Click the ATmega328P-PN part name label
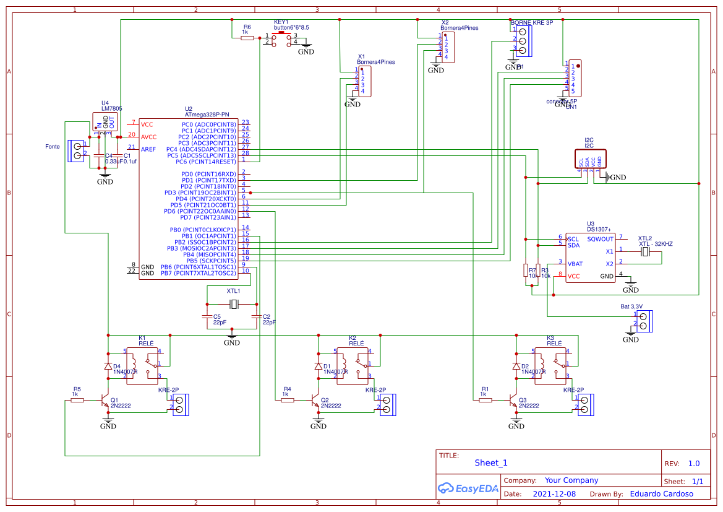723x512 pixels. (x=207, y=115)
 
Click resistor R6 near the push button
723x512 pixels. (x=247, y=38)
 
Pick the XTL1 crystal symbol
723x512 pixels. (x=233, y=304)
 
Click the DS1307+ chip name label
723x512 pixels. (x=599, y=229)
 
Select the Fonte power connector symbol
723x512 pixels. (x=77, y=150)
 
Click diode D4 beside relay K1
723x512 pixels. (x=108, y=366)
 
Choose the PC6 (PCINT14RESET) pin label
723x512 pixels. (x=206, y=162)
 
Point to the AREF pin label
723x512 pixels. (x=148, y=149)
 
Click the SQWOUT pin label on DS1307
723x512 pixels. (x=601, y=238)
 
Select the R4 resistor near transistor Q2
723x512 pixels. (x=287, y=400)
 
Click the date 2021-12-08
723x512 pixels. (x=554, y=494)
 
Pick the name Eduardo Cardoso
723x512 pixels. (x=661, y=494)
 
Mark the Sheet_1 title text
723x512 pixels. (x=491, y=462)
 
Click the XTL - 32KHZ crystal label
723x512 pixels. (x=656, y=244)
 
